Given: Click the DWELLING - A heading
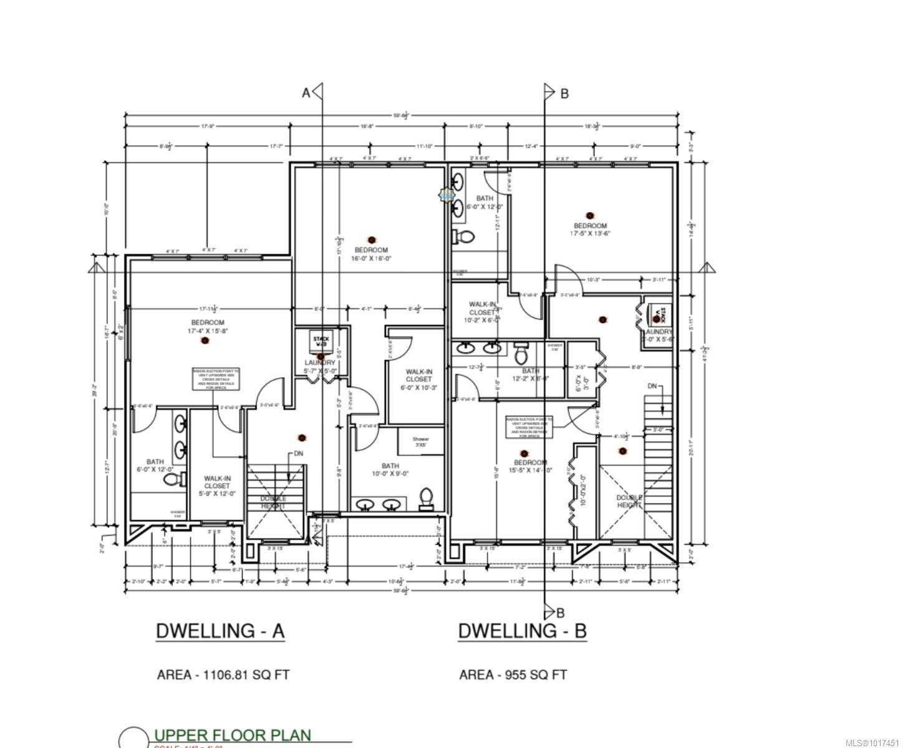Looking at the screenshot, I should [x=220, y=631].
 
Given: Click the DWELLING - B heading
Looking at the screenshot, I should [x=523, y=631].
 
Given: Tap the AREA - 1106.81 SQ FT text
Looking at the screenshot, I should [x=223, y=674].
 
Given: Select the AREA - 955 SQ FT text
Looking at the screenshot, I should [x=513, y=674].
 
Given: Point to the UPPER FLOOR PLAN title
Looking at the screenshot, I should [x=233, y=736].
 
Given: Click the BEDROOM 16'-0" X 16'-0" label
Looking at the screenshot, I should [x=372, y=254].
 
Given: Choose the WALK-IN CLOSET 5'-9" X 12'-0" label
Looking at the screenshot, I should [x=217, y=486].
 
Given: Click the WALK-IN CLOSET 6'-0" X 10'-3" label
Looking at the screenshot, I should [x=418, y=379].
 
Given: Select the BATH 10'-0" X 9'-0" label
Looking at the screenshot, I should [x=390, y=469].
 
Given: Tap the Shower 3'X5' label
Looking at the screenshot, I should [x=421, y=442].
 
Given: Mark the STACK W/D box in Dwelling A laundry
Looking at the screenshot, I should [x=322, y=341].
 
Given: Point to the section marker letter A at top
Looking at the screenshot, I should [x=306, y=93].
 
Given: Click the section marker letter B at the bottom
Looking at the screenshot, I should [x=560, y=611].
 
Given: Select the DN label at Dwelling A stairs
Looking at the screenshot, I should [x=299, y=454].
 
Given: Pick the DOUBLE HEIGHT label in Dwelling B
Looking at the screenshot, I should [x=630, y=501].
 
